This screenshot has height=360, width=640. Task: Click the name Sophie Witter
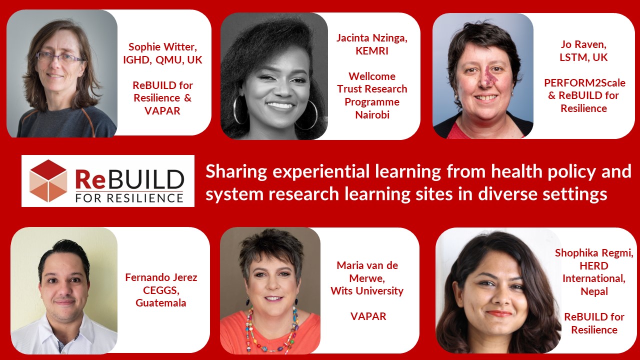point(162,47)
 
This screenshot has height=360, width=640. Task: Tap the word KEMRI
point(371,51)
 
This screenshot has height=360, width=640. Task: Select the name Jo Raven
point(583,44)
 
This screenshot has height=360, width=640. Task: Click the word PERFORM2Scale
point(584,83)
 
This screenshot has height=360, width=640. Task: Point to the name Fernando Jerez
point(161,277)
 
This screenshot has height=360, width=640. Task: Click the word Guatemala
point(161,303)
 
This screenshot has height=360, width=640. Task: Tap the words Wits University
point(367,291)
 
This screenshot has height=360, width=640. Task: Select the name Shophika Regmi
point(593,253)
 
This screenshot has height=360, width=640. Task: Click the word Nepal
point(594,291)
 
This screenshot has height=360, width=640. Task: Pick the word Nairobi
point(372,115)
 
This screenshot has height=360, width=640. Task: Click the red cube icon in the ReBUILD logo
point(48,181)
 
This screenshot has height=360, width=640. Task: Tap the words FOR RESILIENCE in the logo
point(129,198)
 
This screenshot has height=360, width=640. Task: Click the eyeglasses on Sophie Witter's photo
point(60,56)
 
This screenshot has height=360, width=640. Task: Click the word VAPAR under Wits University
point(368,316)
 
